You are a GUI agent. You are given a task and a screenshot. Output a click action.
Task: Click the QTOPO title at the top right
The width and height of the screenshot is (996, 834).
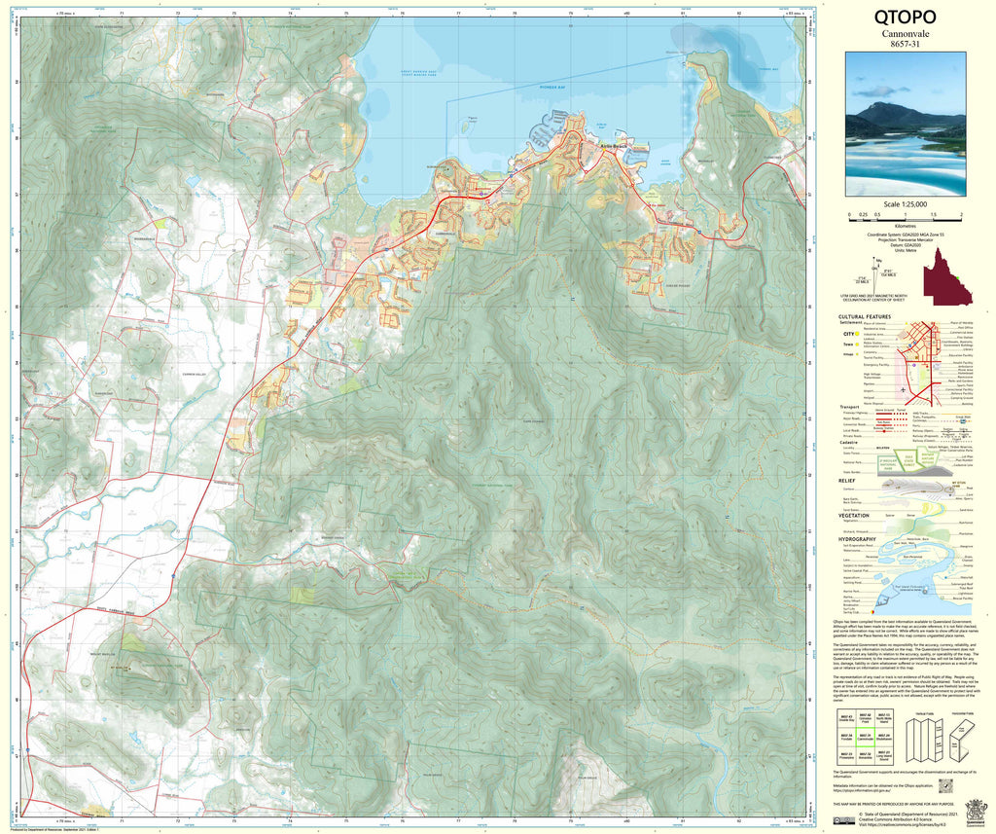(x=905, y=18)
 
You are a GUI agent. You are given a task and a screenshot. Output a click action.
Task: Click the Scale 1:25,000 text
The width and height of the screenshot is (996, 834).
(x=905, y=204)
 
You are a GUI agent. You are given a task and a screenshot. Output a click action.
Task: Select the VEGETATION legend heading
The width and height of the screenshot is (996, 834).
(x=854, y=516)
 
